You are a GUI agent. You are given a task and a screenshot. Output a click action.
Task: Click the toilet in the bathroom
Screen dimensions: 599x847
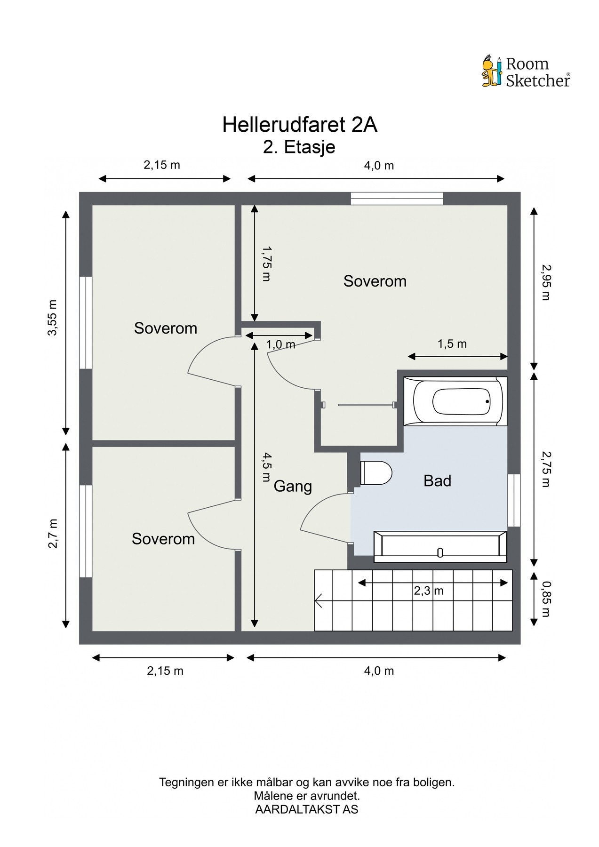[x=376, y=473]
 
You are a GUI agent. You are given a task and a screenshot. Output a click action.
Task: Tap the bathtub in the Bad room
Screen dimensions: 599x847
[x=455, y=401]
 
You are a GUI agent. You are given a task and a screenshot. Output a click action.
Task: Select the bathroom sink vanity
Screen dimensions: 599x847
[x=440, y=547]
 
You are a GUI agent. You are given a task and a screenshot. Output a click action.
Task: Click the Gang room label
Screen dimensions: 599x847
[x=293, y=486]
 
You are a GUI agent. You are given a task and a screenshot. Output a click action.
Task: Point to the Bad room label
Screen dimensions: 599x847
[x=437, y=480]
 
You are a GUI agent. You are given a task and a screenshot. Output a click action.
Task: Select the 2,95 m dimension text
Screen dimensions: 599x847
[x=545, y=282]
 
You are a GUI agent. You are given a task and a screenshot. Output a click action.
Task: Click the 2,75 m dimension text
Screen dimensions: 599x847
[x=545, y=469]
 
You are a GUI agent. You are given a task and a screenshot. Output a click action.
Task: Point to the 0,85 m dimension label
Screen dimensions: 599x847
[x=545, y=599]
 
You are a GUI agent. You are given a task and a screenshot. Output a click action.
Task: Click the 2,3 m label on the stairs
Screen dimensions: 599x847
[x=429, y=591]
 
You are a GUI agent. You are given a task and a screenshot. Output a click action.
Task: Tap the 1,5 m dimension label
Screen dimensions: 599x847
[x=452, y=344]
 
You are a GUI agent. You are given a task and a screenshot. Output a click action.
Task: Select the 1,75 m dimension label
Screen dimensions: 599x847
[x=267, y=263]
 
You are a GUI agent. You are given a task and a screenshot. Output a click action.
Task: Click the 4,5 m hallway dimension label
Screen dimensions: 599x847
[x=267, y=467]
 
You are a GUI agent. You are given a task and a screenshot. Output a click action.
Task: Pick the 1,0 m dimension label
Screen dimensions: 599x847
[x=281, y=344]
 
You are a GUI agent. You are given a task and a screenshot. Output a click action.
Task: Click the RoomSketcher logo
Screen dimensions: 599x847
[x=526, y=72]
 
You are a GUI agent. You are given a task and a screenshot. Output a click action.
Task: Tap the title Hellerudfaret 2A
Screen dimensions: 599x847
[x=300, y=125]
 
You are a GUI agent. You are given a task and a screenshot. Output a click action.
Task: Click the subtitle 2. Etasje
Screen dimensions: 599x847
[x=299, y=147]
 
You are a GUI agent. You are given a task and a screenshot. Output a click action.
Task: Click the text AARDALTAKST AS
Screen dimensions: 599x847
[x=306, y=809]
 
